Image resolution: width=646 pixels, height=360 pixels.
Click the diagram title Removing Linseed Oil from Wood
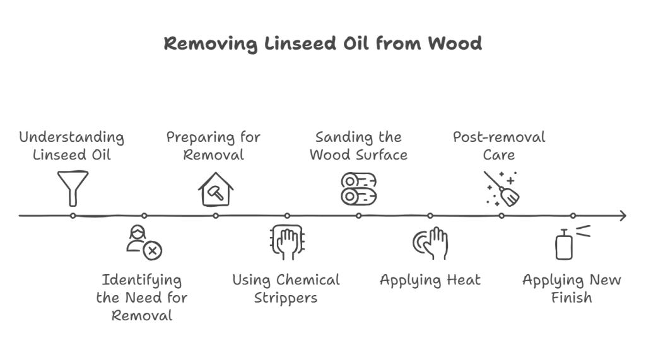point(322,44)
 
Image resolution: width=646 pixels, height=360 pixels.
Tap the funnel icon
point(73,187)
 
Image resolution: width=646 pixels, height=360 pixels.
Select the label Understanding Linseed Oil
point(71,146)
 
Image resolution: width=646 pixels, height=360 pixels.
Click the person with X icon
point(144,243)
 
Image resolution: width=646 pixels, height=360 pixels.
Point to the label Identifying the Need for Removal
point(142,297)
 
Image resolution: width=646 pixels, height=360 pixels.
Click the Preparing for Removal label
point(214,146)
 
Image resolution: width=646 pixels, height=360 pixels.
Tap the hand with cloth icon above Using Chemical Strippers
point(287,242)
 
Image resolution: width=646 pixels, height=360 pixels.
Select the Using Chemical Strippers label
point(286,288)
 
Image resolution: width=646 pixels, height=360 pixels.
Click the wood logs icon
point(358,189)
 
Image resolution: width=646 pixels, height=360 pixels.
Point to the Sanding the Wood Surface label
point(358,146)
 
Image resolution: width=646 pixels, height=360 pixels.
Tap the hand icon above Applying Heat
point(430,243)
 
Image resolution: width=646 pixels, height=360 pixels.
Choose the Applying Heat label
point(430,280)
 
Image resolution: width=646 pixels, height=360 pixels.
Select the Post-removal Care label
point(499,146)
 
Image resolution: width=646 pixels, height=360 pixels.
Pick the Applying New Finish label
point(572,288)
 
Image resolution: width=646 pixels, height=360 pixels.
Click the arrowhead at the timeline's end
point(623,216)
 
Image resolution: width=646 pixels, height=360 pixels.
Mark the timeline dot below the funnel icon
point(73,216)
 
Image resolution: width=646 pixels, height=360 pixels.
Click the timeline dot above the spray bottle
point(573,216)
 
